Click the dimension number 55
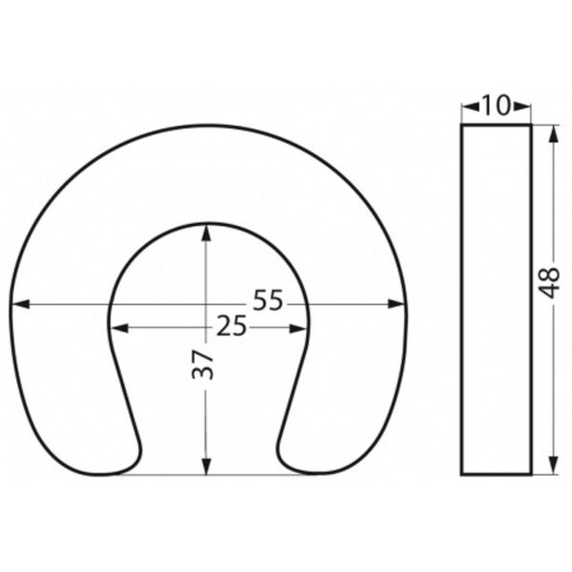tap(268, 300)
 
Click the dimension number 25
tap(232, 326)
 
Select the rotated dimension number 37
tap(202, 365)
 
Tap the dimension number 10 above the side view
tap(496, 105)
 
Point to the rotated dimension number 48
tap(549, 283)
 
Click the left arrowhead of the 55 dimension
tap(20, 303)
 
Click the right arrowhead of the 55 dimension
tap(397, 303)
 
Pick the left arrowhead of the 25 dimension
tap(119, 328)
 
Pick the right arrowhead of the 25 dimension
tap(297, 328)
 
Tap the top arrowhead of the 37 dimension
tap(207, 233)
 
